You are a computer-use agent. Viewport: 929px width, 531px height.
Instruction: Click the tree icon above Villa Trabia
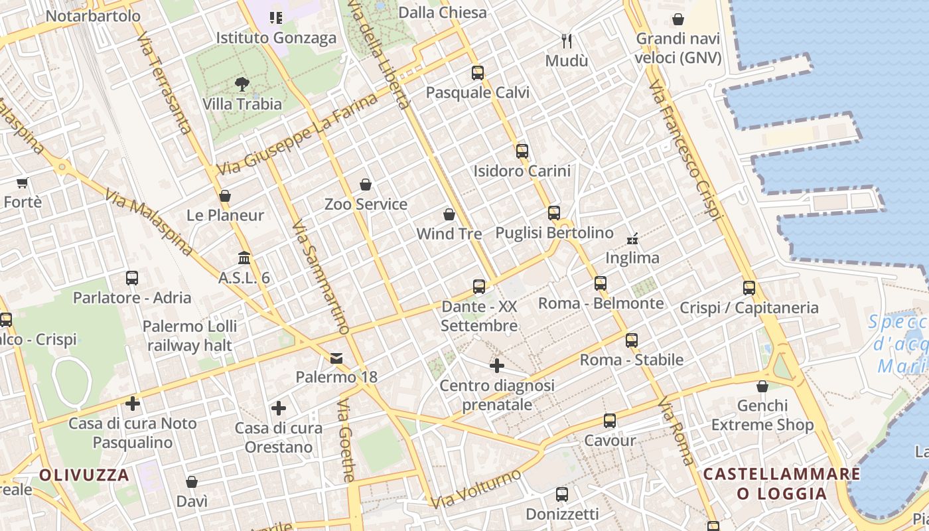pyautogui.click(x=242, y=84)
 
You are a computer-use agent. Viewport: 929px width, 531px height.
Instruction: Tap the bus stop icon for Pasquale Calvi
pyautogui.click(x=478, y=73)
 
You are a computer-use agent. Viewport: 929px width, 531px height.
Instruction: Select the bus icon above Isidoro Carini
pyautogui.click(x=522, y=151)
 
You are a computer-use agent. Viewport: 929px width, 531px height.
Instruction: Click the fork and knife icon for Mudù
pyautogui.click(x=567, y=41)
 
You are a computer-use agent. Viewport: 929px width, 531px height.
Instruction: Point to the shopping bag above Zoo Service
pyautogui.click(x=366, y=184)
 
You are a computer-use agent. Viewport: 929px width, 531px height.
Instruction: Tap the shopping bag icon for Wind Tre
pyautogui.click(x=449, y=214)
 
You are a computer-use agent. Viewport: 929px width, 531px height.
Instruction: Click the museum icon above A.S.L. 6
pyautogui.click(x=244, y=258)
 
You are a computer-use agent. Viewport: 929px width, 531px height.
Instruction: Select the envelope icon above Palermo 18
pyautogui.click(x=336, y=358)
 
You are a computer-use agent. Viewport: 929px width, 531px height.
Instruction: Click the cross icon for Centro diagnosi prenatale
pyautogui.click(x=497, y=366)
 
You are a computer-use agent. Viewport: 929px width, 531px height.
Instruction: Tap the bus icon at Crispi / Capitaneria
pyautogui.click(x=749, y=288)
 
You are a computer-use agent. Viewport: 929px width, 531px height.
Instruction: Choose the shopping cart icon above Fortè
pyautogui.click(x=23, y=183)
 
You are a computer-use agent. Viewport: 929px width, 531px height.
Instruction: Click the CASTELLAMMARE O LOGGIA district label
pyautogui.click(x=782, y=484)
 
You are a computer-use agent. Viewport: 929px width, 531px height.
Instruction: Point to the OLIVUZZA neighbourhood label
pyautogui.click(x=84, y=475)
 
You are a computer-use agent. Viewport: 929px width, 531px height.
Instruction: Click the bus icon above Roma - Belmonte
pyautogui.click(x=601, y=283)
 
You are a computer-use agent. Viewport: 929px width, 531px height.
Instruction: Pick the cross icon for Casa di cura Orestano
pyautogui.click(x=279, y=408)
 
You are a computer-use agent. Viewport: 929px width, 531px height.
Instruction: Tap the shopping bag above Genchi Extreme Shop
pyautogui.click(x=762, y=386)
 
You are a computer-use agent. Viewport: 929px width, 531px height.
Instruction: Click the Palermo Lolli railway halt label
pyautogui.click(x=190, y=336)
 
